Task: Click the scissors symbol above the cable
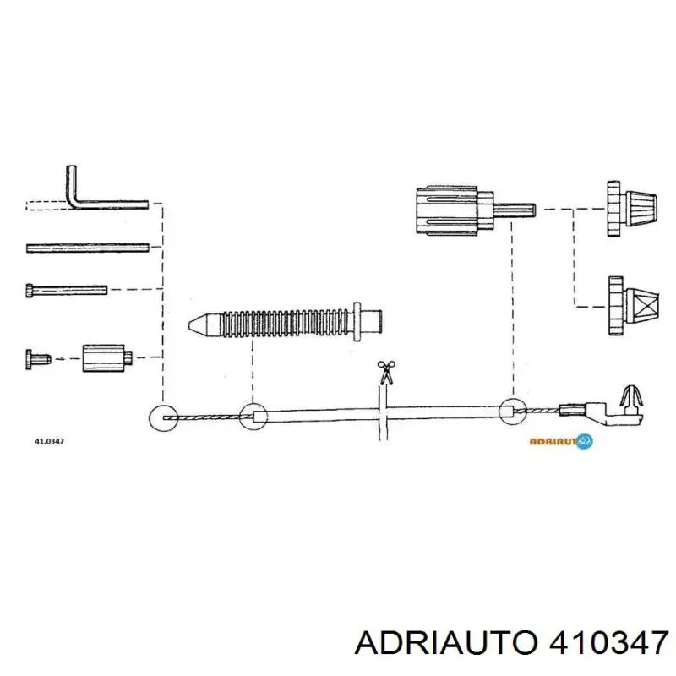[x=385, y=372]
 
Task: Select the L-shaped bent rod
[x=93, y=199]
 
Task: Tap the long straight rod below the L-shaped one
[x=88, y=248]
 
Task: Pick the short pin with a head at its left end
[x=67, y=290]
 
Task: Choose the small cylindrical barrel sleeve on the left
[x=104, y=357]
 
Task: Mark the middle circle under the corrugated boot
[x=253, y=416]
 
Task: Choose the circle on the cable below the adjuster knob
[x=510, y=412]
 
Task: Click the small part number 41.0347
[x=50, y=441]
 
